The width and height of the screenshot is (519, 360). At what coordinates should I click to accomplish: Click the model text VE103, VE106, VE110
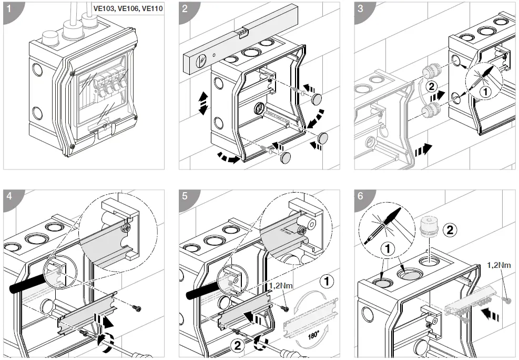pyautogui.click(x=128, y=9)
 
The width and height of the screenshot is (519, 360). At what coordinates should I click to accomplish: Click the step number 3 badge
pyautogui.click(x=361, y=9)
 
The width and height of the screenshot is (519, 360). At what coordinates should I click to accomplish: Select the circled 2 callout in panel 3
pyautogui.click(x=430, y=86)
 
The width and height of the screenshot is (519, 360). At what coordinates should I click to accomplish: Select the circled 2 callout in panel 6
pyautogui.click(x=450, y=229)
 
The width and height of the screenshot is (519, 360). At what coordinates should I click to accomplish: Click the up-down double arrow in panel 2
pyautogui.click(x=202, y=103)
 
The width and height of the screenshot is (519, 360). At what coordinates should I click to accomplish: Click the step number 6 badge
pyautogui.click(x=361, y=196)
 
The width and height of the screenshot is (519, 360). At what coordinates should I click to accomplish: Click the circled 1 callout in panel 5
pyautogui.click(x=326, y=282)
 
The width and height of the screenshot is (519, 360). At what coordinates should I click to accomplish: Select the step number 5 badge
pyautogui.click(x=185, y=196)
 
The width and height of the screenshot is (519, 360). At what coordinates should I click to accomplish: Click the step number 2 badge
pyautogui.click(x=185, y=9)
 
